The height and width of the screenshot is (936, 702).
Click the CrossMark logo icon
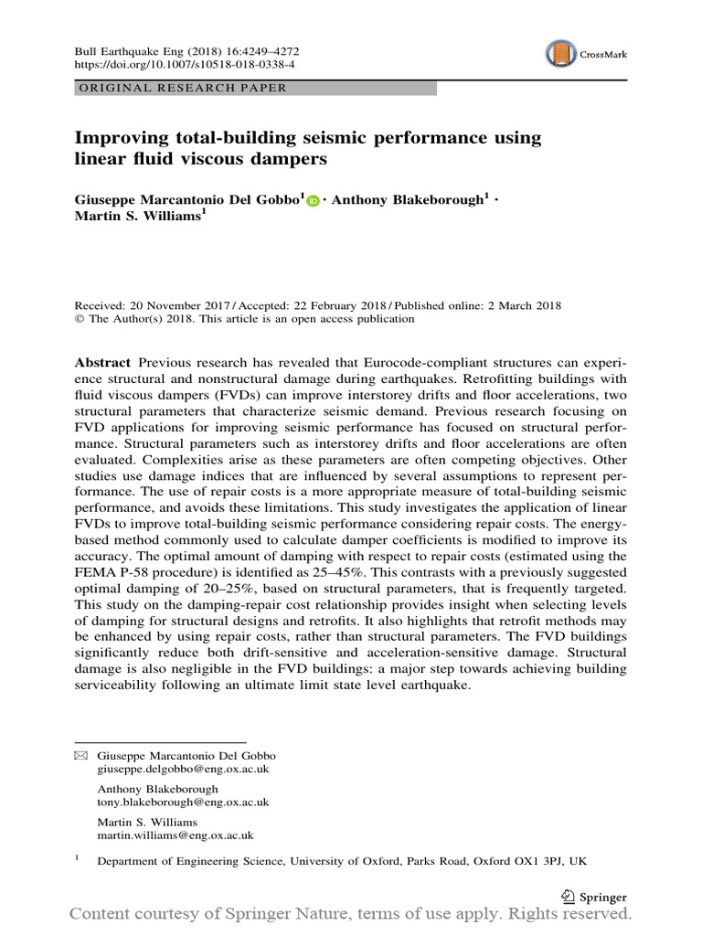(560, 55)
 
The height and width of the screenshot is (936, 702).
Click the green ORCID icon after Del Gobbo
(314, 201)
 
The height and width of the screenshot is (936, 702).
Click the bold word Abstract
(101, 362)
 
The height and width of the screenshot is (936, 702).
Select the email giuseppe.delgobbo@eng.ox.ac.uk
(183, 771)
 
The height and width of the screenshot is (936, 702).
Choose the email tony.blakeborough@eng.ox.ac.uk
(183, 803)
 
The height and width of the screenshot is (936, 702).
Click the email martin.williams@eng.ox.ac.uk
(175, 835)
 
